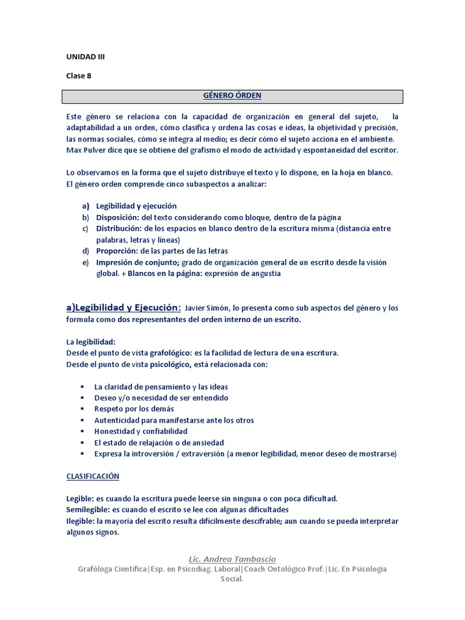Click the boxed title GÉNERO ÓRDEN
click(232, 96)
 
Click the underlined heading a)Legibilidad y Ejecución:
click(124, 308)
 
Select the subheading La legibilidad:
click(90, 341)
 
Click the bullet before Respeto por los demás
click(82, 409)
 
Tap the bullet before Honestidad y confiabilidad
click(82, 432)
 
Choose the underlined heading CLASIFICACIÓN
click(93, 476)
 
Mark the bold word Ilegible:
click(81, 521)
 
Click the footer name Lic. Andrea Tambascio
click(232, 559)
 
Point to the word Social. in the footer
click(232, 579)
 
